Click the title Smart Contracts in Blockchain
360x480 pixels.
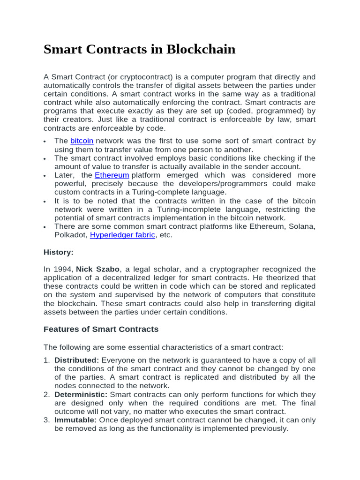[x=139, y=49]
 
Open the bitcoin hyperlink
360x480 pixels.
[x=82, y=141]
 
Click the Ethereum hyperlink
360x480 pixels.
[x=112, y=175]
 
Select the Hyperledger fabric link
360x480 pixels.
[x=122, y=235]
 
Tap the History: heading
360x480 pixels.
[x=58, y=252]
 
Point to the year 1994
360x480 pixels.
[x=63, y=269]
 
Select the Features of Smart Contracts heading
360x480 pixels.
[x=101, y=329]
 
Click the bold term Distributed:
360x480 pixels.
[x=76, y=360]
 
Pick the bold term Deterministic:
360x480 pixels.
[x=81, y=395]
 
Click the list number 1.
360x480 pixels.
[x=46, y=360]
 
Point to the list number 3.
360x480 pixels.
[x=46, y=420]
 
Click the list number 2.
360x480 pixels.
[x=46, y=395]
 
